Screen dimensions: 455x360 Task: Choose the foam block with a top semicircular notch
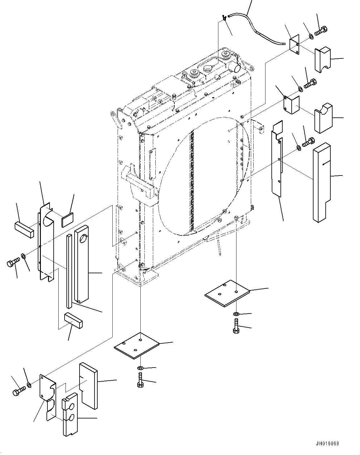[x=323, y=118]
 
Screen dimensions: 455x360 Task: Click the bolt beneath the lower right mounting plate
[x=236, y=327]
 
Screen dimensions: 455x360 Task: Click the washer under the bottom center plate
[x=140, y=369]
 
